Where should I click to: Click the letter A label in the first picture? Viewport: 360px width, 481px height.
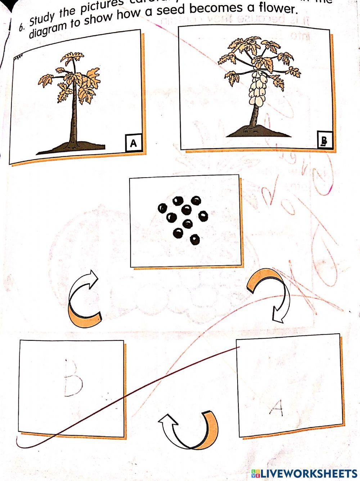click(x=134, y=143)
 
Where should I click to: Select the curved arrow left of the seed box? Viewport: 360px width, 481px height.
click(x=83, y=299)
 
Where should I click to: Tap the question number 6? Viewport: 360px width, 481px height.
click(x=22, y=27)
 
